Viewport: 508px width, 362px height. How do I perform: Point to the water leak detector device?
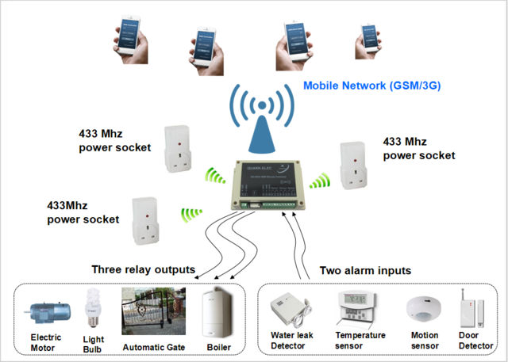291,311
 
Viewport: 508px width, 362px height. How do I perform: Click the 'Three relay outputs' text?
143,269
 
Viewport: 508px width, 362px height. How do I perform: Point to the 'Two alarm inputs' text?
365,270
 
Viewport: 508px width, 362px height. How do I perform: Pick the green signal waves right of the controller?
319,180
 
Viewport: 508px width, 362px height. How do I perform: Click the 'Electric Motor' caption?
46,341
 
